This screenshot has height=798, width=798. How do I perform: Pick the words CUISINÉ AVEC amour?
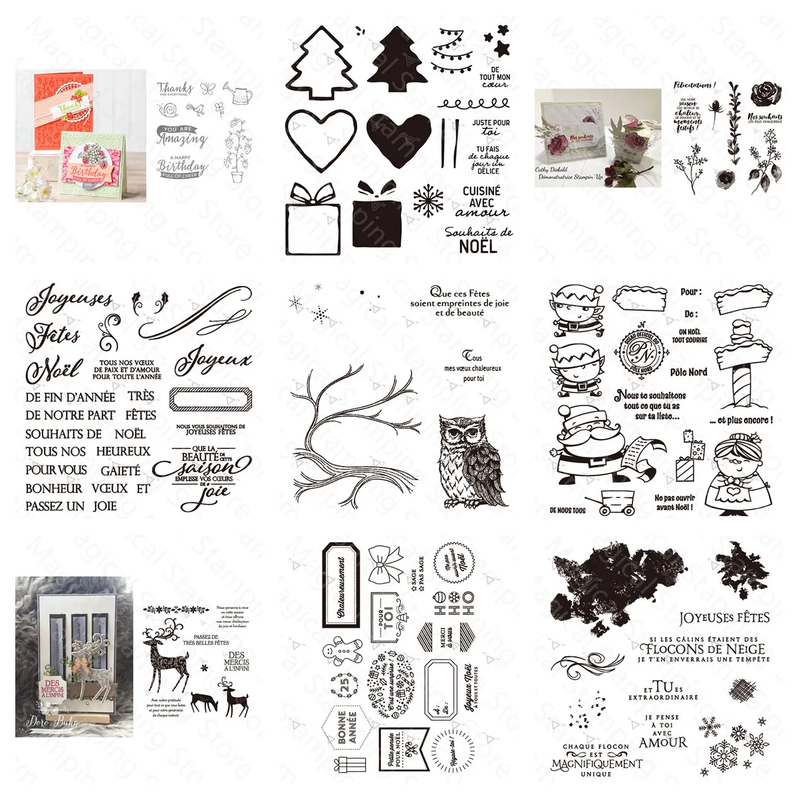coord(481,201)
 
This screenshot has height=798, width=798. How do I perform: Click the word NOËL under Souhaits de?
coord(477,247)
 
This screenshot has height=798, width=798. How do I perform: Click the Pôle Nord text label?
coord(688,372)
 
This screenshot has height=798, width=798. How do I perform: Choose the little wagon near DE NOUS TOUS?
coord(616,503)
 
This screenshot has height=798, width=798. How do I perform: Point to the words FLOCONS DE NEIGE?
coord(703,648)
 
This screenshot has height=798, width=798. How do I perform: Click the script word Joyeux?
coord(213,361)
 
